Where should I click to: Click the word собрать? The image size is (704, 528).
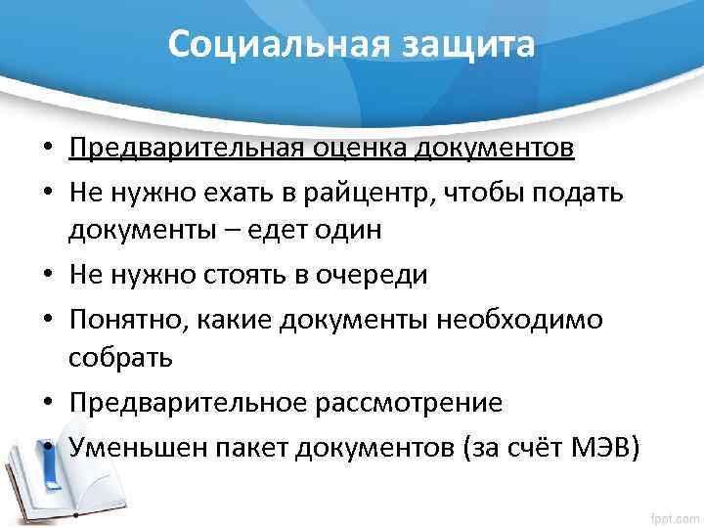click(x=120, y=359)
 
